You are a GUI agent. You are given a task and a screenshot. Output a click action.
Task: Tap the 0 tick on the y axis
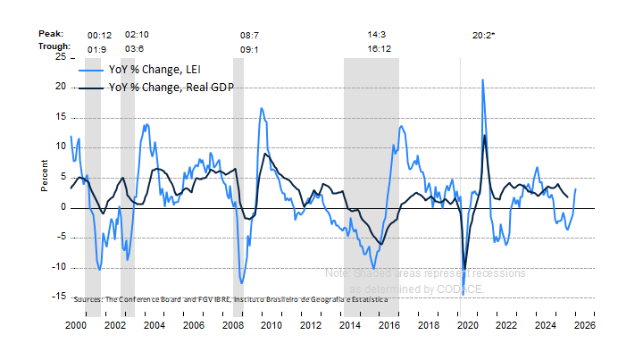[63, 207]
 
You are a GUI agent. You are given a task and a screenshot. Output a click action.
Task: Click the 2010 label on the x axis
[271, 326]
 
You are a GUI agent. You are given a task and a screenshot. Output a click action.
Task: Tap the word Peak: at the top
[51, 34]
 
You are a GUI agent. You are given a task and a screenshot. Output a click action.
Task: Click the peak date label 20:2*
[484, 35]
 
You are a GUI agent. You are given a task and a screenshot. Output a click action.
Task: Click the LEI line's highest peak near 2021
[483, 80]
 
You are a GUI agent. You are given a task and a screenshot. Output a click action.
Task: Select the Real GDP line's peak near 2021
[485, 135]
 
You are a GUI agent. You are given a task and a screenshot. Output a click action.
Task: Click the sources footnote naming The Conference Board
[231, 299]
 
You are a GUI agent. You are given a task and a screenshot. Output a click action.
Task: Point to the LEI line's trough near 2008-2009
[241, 284]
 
